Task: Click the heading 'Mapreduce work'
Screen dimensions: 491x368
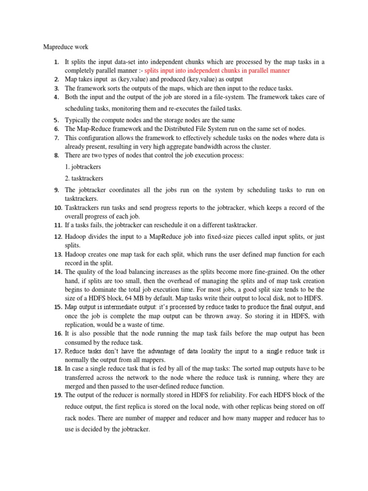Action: pos(66,47)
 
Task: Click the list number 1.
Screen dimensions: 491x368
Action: pos(57,62)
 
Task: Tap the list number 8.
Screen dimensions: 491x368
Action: pos(57,155)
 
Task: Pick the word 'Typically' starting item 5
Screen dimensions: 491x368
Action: pos(78,119)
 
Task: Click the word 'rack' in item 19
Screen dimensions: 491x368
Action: pos(72,418)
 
